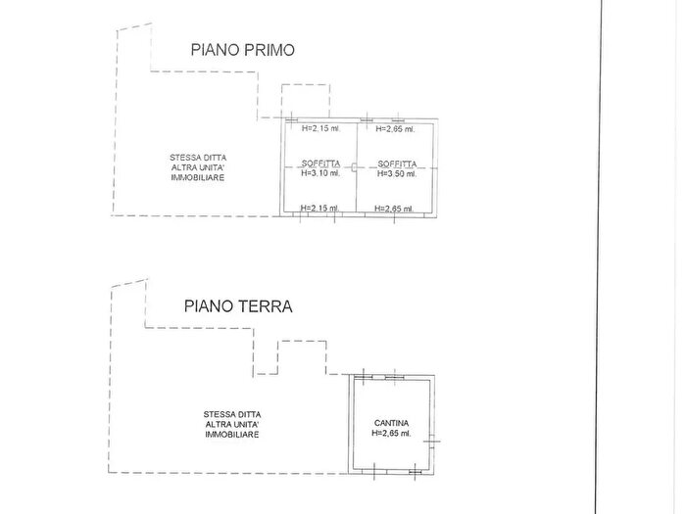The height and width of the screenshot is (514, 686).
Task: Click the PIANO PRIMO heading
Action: (243, 50)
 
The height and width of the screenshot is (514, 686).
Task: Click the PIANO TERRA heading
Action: (238, 305)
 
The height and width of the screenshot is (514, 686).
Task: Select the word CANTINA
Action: (392, 423)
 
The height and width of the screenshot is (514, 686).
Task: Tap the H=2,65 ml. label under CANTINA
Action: (392, 434)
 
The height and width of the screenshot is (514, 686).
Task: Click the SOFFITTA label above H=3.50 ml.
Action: (397, 164)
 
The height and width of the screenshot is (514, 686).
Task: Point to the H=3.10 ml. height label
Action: (321, 174)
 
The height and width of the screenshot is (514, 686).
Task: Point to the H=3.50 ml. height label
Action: (397, 174)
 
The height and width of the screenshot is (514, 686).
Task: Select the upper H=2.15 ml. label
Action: (320, 128)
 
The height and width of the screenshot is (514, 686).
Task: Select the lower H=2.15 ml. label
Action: (320, 208)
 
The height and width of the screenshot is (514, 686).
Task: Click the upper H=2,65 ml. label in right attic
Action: (395, 128)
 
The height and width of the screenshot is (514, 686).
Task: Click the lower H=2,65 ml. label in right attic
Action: (395, 208)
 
